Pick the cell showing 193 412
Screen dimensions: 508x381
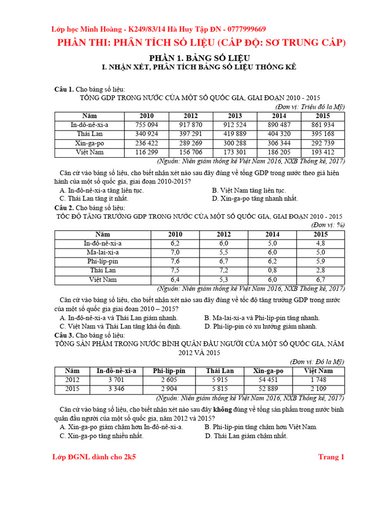(322, 152)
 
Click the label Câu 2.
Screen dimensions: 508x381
(64, 207)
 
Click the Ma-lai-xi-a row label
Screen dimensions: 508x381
(103, 252)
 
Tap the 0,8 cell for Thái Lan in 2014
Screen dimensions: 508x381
(272, 270)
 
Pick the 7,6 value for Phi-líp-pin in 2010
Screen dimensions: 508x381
(175, 261)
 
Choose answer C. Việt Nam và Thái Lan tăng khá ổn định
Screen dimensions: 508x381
(121, 326)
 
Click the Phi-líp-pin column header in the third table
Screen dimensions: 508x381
(169, 371)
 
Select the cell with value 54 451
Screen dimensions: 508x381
(268, 380)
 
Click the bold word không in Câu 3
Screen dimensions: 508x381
(223, 409)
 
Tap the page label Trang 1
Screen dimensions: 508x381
(331, 457)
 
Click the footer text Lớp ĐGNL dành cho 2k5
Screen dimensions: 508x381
(94, 457)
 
